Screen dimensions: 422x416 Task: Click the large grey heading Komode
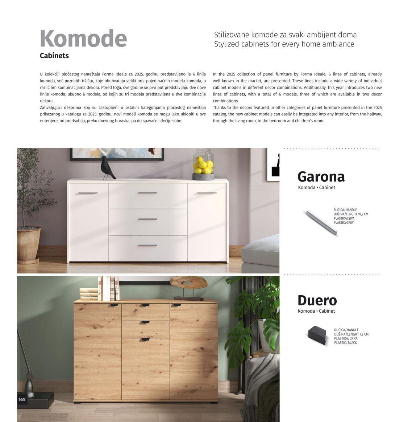pyautogui.click(x=83, y=38)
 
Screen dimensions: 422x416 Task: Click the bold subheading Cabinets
pyautogui.click(x=54, y=56)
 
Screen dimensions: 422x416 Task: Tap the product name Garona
pyautogui.click(x=321, y=177)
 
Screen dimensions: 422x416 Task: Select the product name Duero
pyautogui.click(x=317, y=300)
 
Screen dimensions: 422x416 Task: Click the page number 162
pyautogui.click(x=22, y=399)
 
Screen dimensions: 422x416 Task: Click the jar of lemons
pyautogui.click(x=203, y=165)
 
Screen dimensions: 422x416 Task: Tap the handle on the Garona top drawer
pyautogui.click(x=147, y=193)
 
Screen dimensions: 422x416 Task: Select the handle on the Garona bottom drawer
pyautogui.click(x=147, y=246)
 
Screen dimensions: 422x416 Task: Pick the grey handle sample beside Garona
pyautogui.click(x=321, y=222)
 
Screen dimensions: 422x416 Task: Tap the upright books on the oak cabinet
pyautogui.click(x=109, y=288)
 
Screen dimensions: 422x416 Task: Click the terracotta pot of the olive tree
pyautogui.click(x=29, y=244)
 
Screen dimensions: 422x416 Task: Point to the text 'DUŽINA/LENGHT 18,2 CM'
pyautogui.click(x=351, y=214)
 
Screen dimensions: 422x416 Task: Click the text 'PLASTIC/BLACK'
pyautogui.click(x=345, y=343)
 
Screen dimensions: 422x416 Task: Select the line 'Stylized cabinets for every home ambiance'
pyautogui.click(x=284, y=44)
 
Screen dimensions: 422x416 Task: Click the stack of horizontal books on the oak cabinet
pyautogui.click(x=89, y=294)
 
